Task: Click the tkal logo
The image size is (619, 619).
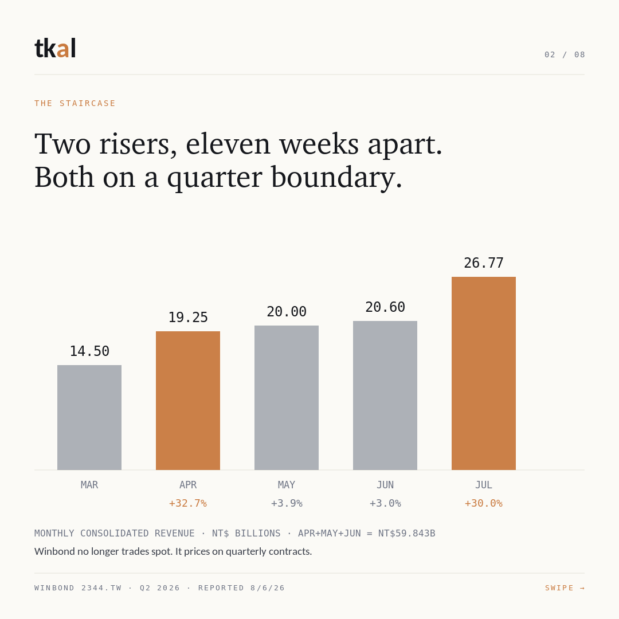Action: pyautogui.click(x=55, y=48)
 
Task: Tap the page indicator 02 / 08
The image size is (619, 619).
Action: pyautogui.click(x=565, y=54)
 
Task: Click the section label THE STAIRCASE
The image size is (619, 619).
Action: pyautogui.click(x=75, y=103)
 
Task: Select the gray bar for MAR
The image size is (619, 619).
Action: pyautogui.click(x=89, y=417)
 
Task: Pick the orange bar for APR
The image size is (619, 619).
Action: pyautogui.click(x=188, y=400)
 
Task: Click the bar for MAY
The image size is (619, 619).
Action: pyautogui.click(x=287, y=398)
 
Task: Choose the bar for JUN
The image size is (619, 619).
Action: pyautogui.click(x=385, y=395)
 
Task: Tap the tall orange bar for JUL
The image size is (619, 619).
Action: pyautogui.click(x=484, y=373)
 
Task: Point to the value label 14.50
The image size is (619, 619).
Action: pyautogui.click(x=89, y=351)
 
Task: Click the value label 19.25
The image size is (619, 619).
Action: pyautogui.click(x=188, y=318)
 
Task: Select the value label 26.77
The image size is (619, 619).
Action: pyautogui.click(x=484, y=263)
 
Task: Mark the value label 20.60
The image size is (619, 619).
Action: pyautogui.click(x=385, y=307)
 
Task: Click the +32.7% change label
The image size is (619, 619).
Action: pyautogui.click(x=188, y=503)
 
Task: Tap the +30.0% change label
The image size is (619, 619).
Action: pyautogui.click(x=484, y=503)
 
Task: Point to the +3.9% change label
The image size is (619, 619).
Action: pyautogui.click(x=287, y=503)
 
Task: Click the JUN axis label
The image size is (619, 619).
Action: pyautogui.click(x=385, y=485)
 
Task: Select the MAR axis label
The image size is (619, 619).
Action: pyautogui.click(x=89, y=485)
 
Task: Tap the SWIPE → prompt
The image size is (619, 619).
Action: pyautogui.click(x=565, y=588)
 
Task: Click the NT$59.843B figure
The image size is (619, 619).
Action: pyautogui.click(x=406, y=534)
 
